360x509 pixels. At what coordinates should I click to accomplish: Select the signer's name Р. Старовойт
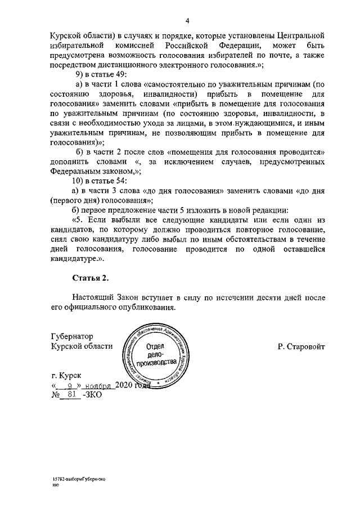coord(301,347)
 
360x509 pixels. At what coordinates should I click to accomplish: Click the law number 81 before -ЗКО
coord(71,395)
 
